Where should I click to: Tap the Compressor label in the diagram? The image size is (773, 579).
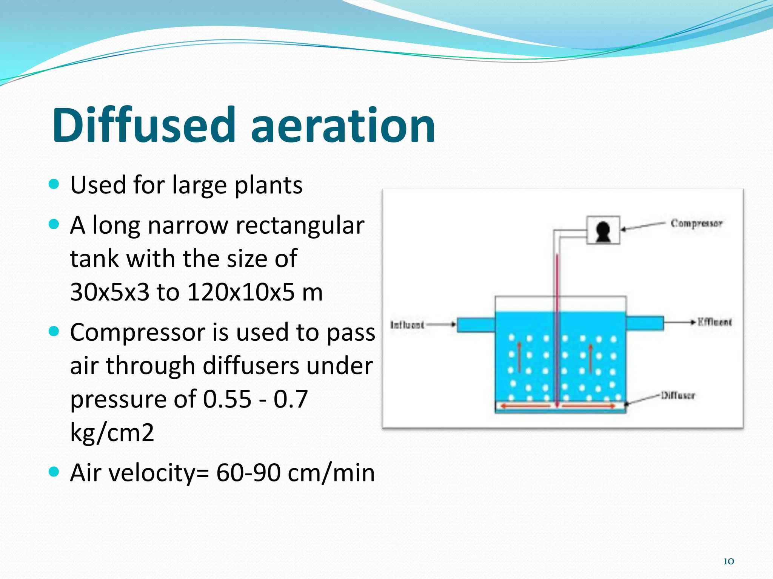tap(696, 223)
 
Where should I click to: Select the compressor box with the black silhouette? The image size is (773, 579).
tap(603, 230)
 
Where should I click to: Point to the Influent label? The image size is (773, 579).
tap(407, 325)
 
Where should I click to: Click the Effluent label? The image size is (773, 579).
tap(714, 322)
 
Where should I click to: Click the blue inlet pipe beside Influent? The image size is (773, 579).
tap(476, 325)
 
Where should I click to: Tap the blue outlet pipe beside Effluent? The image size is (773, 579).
tap(645, 323)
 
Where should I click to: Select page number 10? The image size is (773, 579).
tap(728, 561)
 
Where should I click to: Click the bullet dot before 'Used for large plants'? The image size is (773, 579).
tap(54, 184)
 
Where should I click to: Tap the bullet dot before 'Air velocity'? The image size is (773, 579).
tap(54, 472)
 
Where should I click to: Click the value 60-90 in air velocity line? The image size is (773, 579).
tap(248, 473)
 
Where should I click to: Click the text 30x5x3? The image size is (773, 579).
tap(110, 292)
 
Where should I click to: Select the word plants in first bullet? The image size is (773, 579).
tap(268, 185)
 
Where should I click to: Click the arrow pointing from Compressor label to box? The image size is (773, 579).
tap(642, 226)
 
